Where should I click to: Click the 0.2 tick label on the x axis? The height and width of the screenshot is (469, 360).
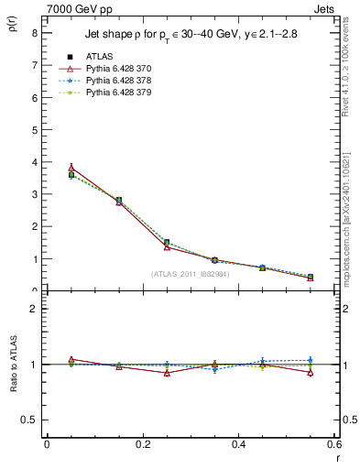142,444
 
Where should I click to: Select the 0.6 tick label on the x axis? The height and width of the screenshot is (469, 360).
334,444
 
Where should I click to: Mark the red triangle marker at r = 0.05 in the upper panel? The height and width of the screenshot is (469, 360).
71,168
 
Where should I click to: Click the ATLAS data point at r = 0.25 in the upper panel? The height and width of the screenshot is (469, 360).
167,243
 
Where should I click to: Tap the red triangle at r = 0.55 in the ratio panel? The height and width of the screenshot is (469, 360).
311,373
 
